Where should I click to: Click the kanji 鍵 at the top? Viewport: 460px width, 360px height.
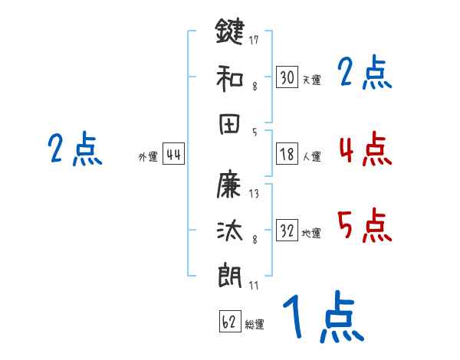230,33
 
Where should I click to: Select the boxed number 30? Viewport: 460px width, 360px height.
287,77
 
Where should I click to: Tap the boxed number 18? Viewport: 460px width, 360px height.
287,153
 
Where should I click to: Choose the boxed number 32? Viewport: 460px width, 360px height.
287,231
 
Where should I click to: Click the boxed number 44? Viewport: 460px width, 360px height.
173,155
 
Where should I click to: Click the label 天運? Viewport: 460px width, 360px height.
311,80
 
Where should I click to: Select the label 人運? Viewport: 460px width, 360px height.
311,156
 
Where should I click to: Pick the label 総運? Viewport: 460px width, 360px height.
255,324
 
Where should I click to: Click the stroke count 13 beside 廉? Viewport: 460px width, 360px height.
254,194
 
